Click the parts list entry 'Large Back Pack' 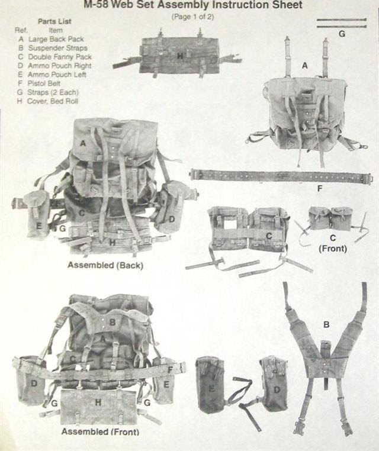tap(56, 39)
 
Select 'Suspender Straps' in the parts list tap(57, 48)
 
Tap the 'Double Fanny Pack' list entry tap(60, 57)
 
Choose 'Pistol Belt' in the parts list tap(44, 83)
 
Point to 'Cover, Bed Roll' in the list tap(52, 101)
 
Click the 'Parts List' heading tap(54, 21)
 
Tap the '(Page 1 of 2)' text tap(193, 17)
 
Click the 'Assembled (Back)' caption tap(105, 265)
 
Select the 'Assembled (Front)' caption tap(100, 431)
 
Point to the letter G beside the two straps tap(342, 34)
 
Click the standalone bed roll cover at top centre tap(177, 58)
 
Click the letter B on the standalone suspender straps tap(326, 325)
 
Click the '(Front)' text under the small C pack tap(333, 248)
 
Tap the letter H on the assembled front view tap(98, 402)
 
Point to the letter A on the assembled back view tap(83, 143)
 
